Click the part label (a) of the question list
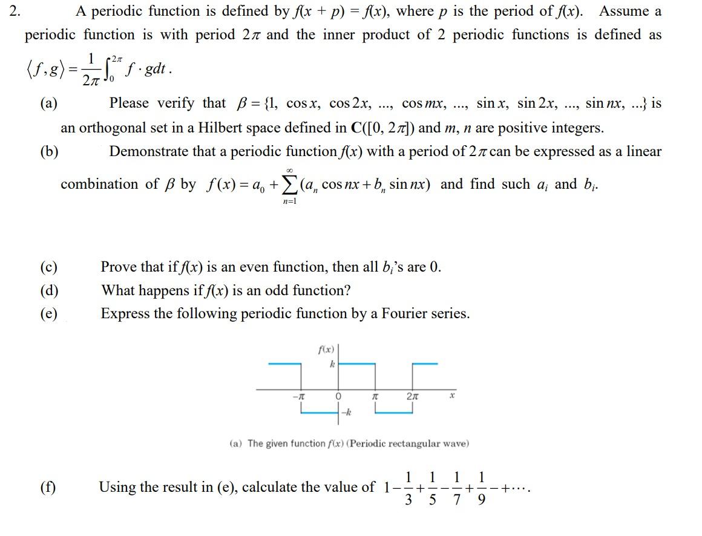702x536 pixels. point(49,103)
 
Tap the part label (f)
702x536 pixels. point(49,487)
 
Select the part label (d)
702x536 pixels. point(49,290)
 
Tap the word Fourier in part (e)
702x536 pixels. point(403,313)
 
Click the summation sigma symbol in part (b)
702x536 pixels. point(290,185)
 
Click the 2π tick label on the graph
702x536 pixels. point(413,396)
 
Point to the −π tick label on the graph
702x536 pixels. point(298,396)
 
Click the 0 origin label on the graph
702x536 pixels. point(338,396)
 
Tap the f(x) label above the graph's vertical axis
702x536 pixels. point(326,349)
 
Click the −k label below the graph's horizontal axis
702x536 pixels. point(346,413)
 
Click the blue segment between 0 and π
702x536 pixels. point(357,364)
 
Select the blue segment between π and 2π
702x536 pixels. point(394,413)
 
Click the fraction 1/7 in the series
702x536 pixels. point(458,488)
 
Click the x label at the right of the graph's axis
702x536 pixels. point(451,396)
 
